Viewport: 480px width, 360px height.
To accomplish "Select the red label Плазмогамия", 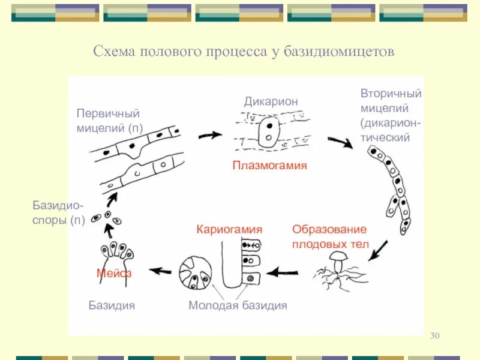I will tap(269, 165).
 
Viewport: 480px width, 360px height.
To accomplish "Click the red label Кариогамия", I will tap(230, 229).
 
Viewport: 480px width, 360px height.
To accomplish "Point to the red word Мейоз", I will tap(114, 273).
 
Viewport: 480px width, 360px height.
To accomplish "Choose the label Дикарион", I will tap(271, 101).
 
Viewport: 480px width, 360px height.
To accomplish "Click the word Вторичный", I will tap(391, 94).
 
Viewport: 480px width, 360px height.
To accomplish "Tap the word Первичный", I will tap(108, 113).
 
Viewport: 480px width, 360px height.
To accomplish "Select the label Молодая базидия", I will tap(238, 305).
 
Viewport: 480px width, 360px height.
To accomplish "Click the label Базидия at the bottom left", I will tap(112, 305).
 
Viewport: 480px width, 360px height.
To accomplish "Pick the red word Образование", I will tap(329, 229).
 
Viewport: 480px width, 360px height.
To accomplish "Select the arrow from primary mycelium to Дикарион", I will tap(209, 135).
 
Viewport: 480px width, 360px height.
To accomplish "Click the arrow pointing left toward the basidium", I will tap(160, 271).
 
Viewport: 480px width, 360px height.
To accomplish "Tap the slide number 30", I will tap(435, 335).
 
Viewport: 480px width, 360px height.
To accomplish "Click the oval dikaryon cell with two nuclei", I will tap(268, 133).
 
